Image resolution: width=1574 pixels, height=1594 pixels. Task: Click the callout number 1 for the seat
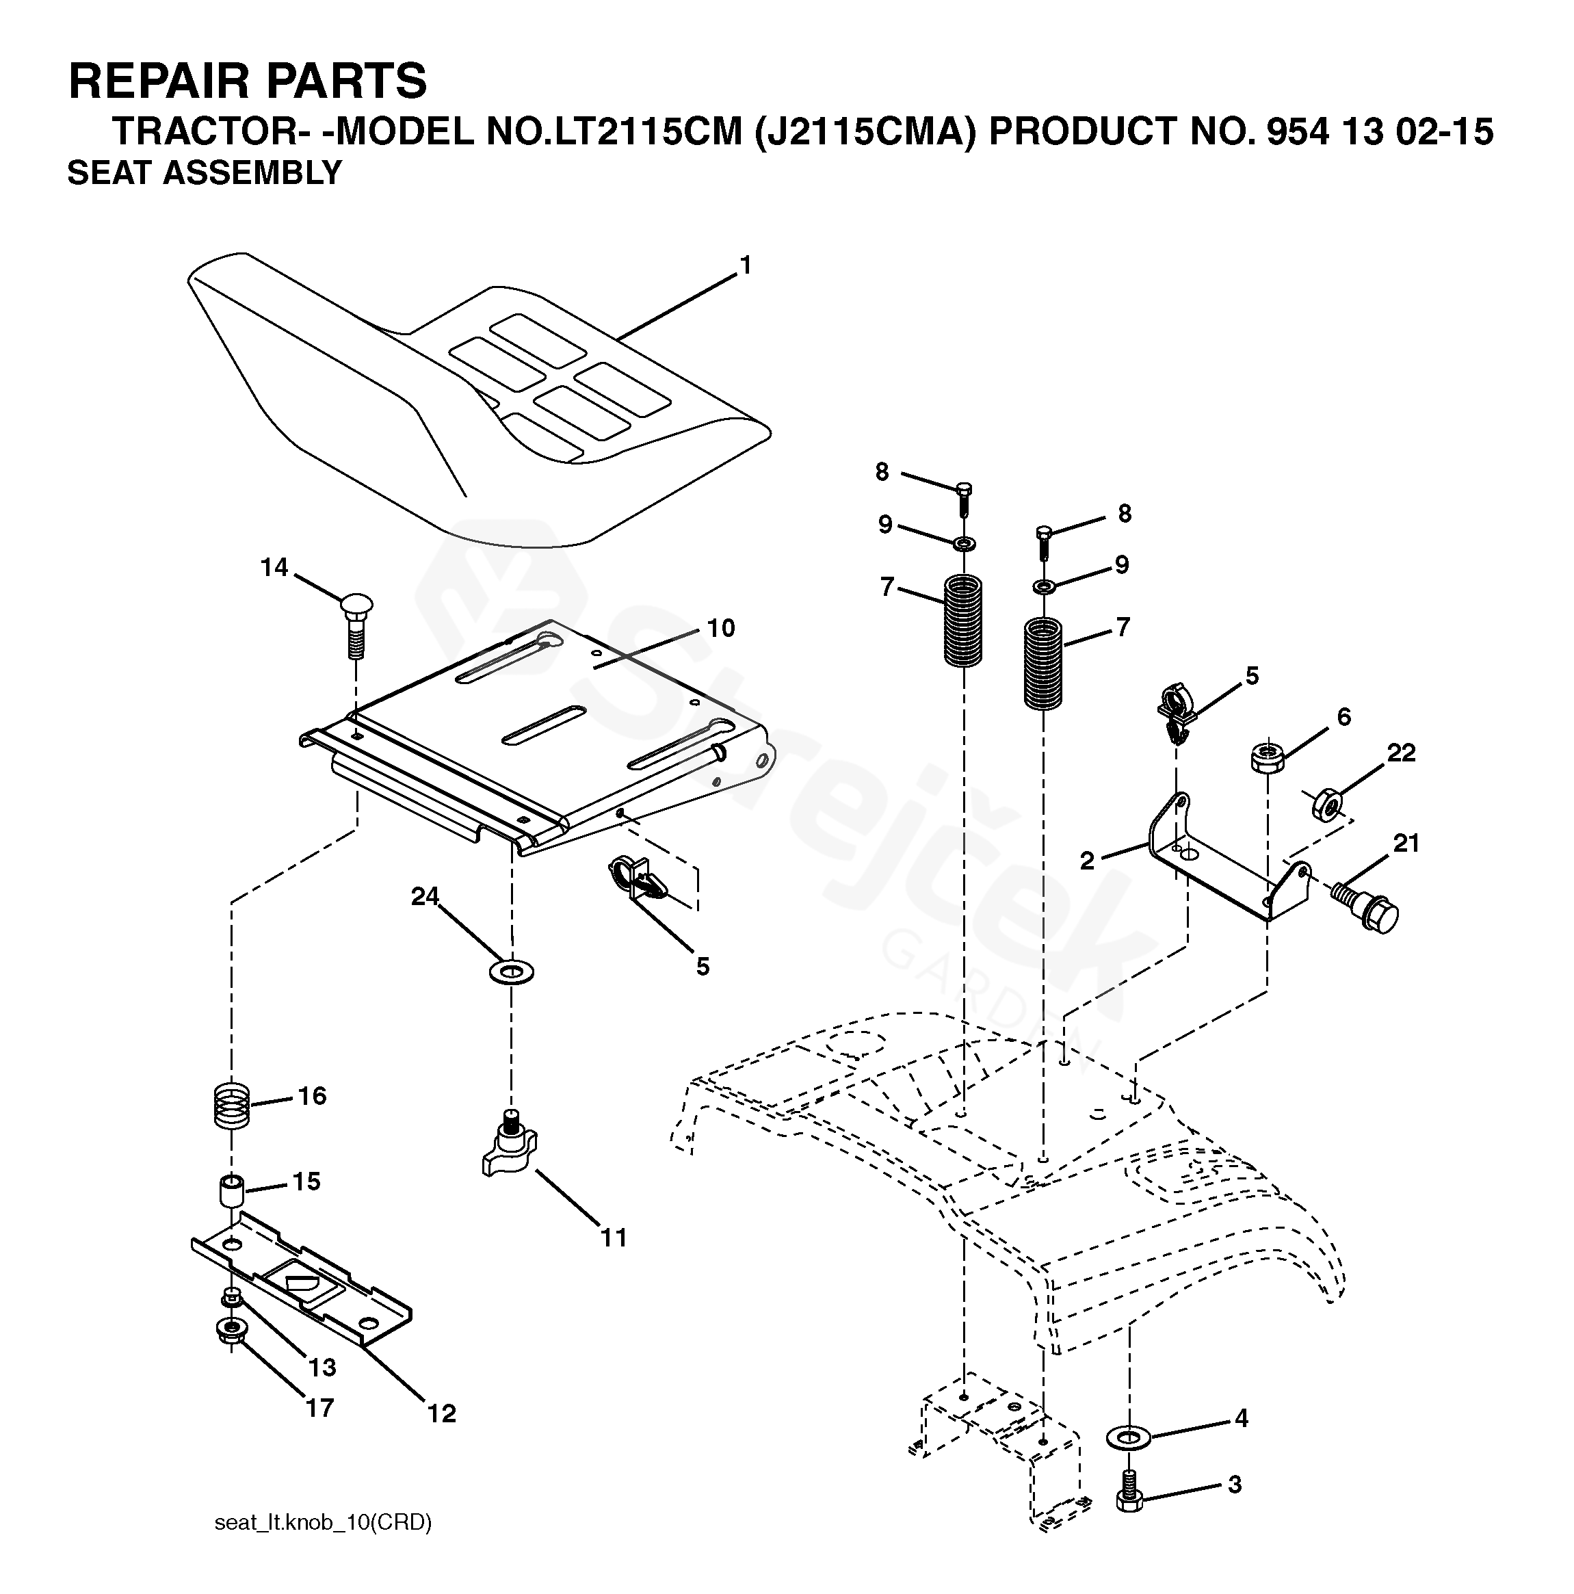pyautogui.click(x=746, y=265)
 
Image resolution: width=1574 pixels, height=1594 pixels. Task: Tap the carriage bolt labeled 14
pyautogui.click(x=356, y=625)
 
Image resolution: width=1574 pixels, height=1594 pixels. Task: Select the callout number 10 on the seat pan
pyautogui.click(x=721, y=628)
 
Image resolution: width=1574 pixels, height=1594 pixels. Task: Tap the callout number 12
pyautogui.click(x=441, y=1413)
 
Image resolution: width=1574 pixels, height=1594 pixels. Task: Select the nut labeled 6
pyautogui.click(x=1266, y=756)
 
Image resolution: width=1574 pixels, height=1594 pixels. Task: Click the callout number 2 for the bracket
pyautogui.click(x=1087, y=861)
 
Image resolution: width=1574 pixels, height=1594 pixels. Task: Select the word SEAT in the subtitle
pyautogui.click(x=109, y=173)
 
